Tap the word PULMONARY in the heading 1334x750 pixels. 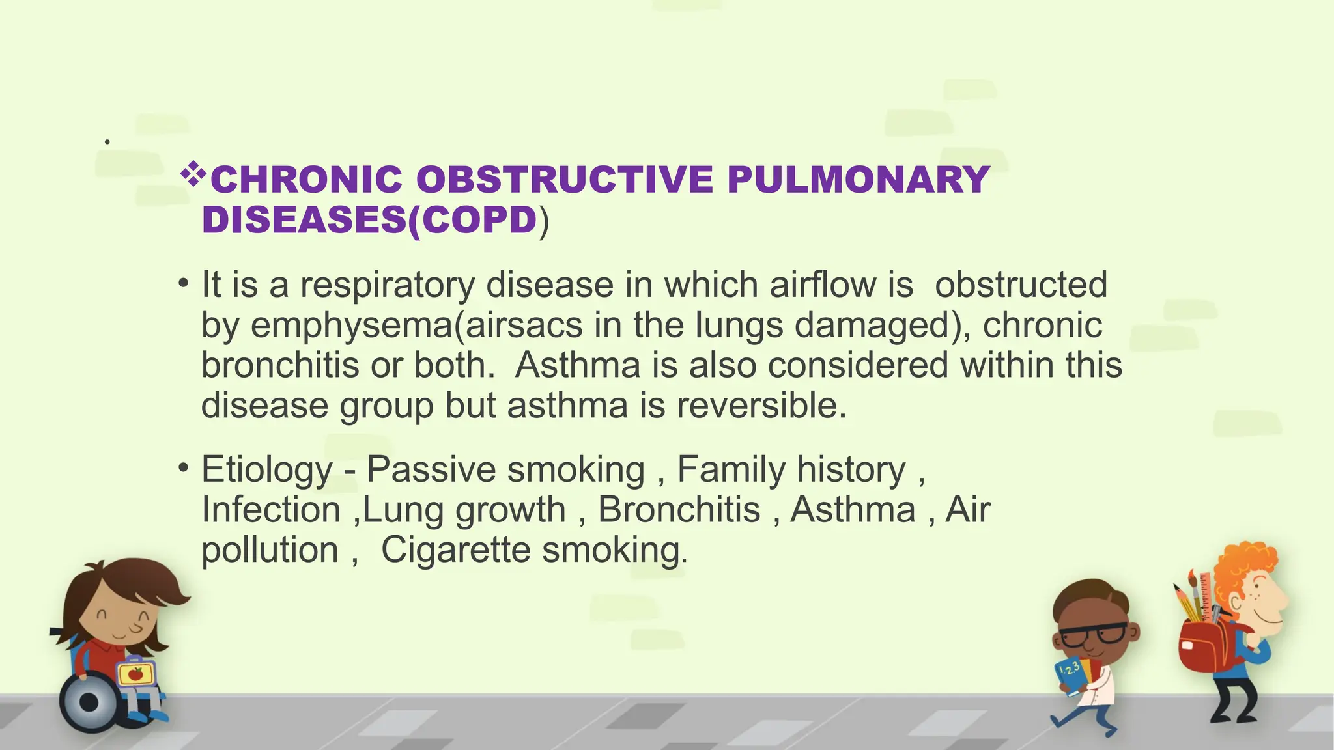(x=858, y=180)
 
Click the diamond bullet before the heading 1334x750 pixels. (x=193, y=174)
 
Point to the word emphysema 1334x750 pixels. (x=349, y=326)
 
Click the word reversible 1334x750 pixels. (x=761, y=406)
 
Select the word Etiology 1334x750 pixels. (x=267, y=469)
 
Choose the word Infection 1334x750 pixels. (x=271, y=510)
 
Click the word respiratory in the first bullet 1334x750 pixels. (x=387, y=286)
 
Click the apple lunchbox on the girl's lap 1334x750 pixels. (x=135, y=674)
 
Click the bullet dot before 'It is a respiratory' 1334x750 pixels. (x=184, y=285)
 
